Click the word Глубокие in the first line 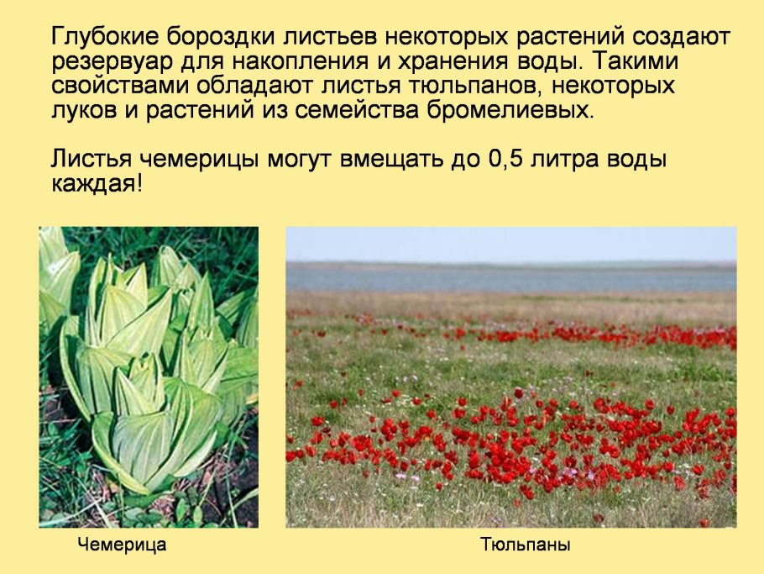105,38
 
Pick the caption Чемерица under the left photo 123,545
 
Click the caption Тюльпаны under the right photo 526,545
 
